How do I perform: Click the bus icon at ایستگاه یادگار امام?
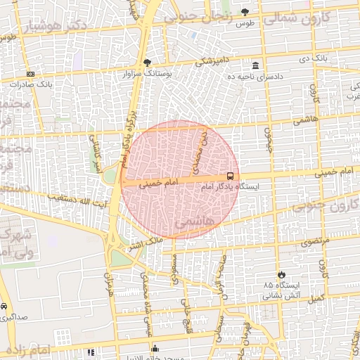(x=231, y=177)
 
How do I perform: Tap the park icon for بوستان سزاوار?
(x=147, y=63)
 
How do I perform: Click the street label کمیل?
(x=317, y=300)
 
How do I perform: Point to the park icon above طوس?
(x=245, y=12)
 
